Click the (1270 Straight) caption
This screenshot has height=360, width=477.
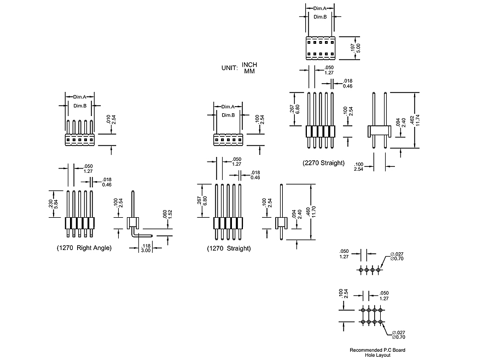tap(229, 248)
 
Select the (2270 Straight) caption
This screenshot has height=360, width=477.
tap(323, 163)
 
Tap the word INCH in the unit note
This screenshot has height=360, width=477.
tap(249, 65)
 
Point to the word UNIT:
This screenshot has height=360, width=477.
tap(229, 68)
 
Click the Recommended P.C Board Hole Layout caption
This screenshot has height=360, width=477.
tap(378, 352)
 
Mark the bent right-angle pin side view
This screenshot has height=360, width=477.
tap(133, 219)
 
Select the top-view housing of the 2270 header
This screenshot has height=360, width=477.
tap(320, 48)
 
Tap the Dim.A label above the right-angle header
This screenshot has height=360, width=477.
tap(81, 96)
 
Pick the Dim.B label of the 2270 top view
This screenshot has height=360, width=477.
tap(320, 18)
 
